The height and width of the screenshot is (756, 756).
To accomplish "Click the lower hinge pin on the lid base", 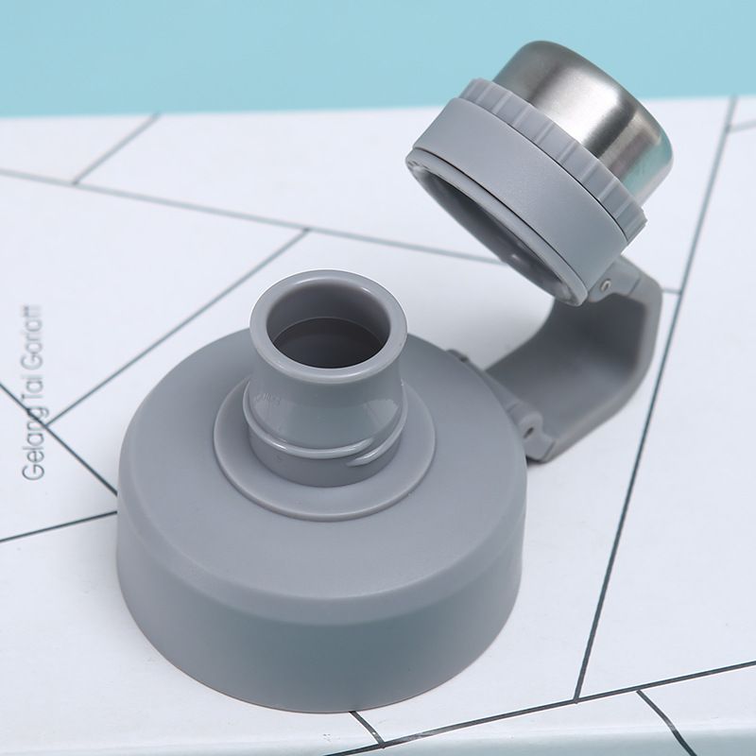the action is pos(531,429).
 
